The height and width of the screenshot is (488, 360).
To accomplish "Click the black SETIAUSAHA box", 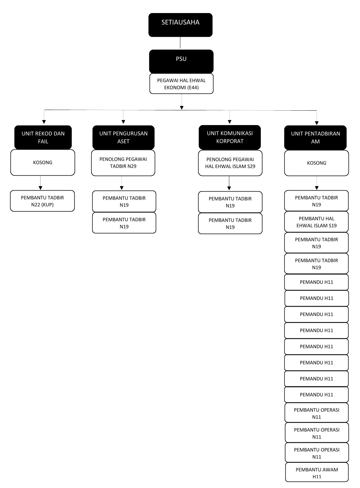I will click(180, 25).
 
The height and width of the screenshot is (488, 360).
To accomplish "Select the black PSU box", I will click(181, 61).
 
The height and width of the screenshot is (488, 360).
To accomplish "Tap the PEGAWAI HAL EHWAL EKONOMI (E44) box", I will click(181, 84).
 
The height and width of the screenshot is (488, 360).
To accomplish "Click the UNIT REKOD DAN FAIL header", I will click(43, 137).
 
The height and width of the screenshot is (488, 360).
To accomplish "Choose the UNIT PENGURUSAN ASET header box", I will click(123, 137).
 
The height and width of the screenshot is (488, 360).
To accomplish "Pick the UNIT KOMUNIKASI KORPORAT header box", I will click(230, 137).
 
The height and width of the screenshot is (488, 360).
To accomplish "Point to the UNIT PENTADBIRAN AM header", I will click(315, 138).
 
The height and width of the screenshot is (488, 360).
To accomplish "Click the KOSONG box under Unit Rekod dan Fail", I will click(43, 163).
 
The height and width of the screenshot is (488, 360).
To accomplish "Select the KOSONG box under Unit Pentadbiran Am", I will click(316, 163).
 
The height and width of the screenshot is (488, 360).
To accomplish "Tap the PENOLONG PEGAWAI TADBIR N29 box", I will click(123, 163).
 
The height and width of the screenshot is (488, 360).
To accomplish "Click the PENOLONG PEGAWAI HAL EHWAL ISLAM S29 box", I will click(230, 163).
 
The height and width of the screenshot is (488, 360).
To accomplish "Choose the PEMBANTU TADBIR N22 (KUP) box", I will click(42, 201).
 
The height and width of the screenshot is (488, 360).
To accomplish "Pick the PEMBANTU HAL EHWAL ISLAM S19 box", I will click(316, 222).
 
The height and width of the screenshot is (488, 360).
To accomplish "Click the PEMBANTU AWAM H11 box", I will click(317, 473).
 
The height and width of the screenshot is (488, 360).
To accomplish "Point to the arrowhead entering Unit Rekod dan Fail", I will click(44, 122).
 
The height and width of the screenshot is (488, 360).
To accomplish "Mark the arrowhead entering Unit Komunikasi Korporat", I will click(230, 122).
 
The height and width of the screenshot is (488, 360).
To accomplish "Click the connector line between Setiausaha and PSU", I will click(180, 43).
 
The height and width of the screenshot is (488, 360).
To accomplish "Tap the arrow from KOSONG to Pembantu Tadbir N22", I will click(41, 183).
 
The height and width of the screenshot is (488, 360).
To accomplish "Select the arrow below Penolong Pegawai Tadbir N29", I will click(122, 183).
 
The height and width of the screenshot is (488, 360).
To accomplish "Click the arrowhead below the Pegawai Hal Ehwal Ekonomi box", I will click(182, 107).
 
